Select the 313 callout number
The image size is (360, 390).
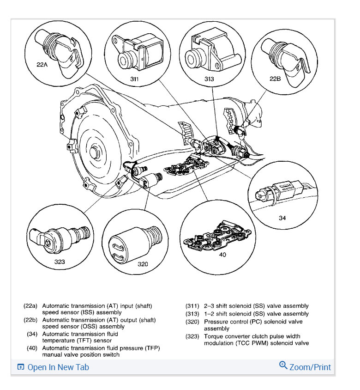tap(209, 79)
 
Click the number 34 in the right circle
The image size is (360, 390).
tap(282, 217)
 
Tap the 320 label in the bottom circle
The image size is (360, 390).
tap(143, 264)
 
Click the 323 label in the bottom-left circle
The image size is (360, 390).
tap(59, 262)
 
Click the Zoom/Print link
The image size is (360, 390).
tap(310, 367)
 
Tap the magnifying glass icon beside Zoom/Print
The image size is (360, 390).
tap(283, 366)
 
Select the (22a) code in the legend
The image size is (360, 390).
tap(30, 306)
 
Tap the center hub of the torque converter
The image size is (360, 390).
tap(94, 151)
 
